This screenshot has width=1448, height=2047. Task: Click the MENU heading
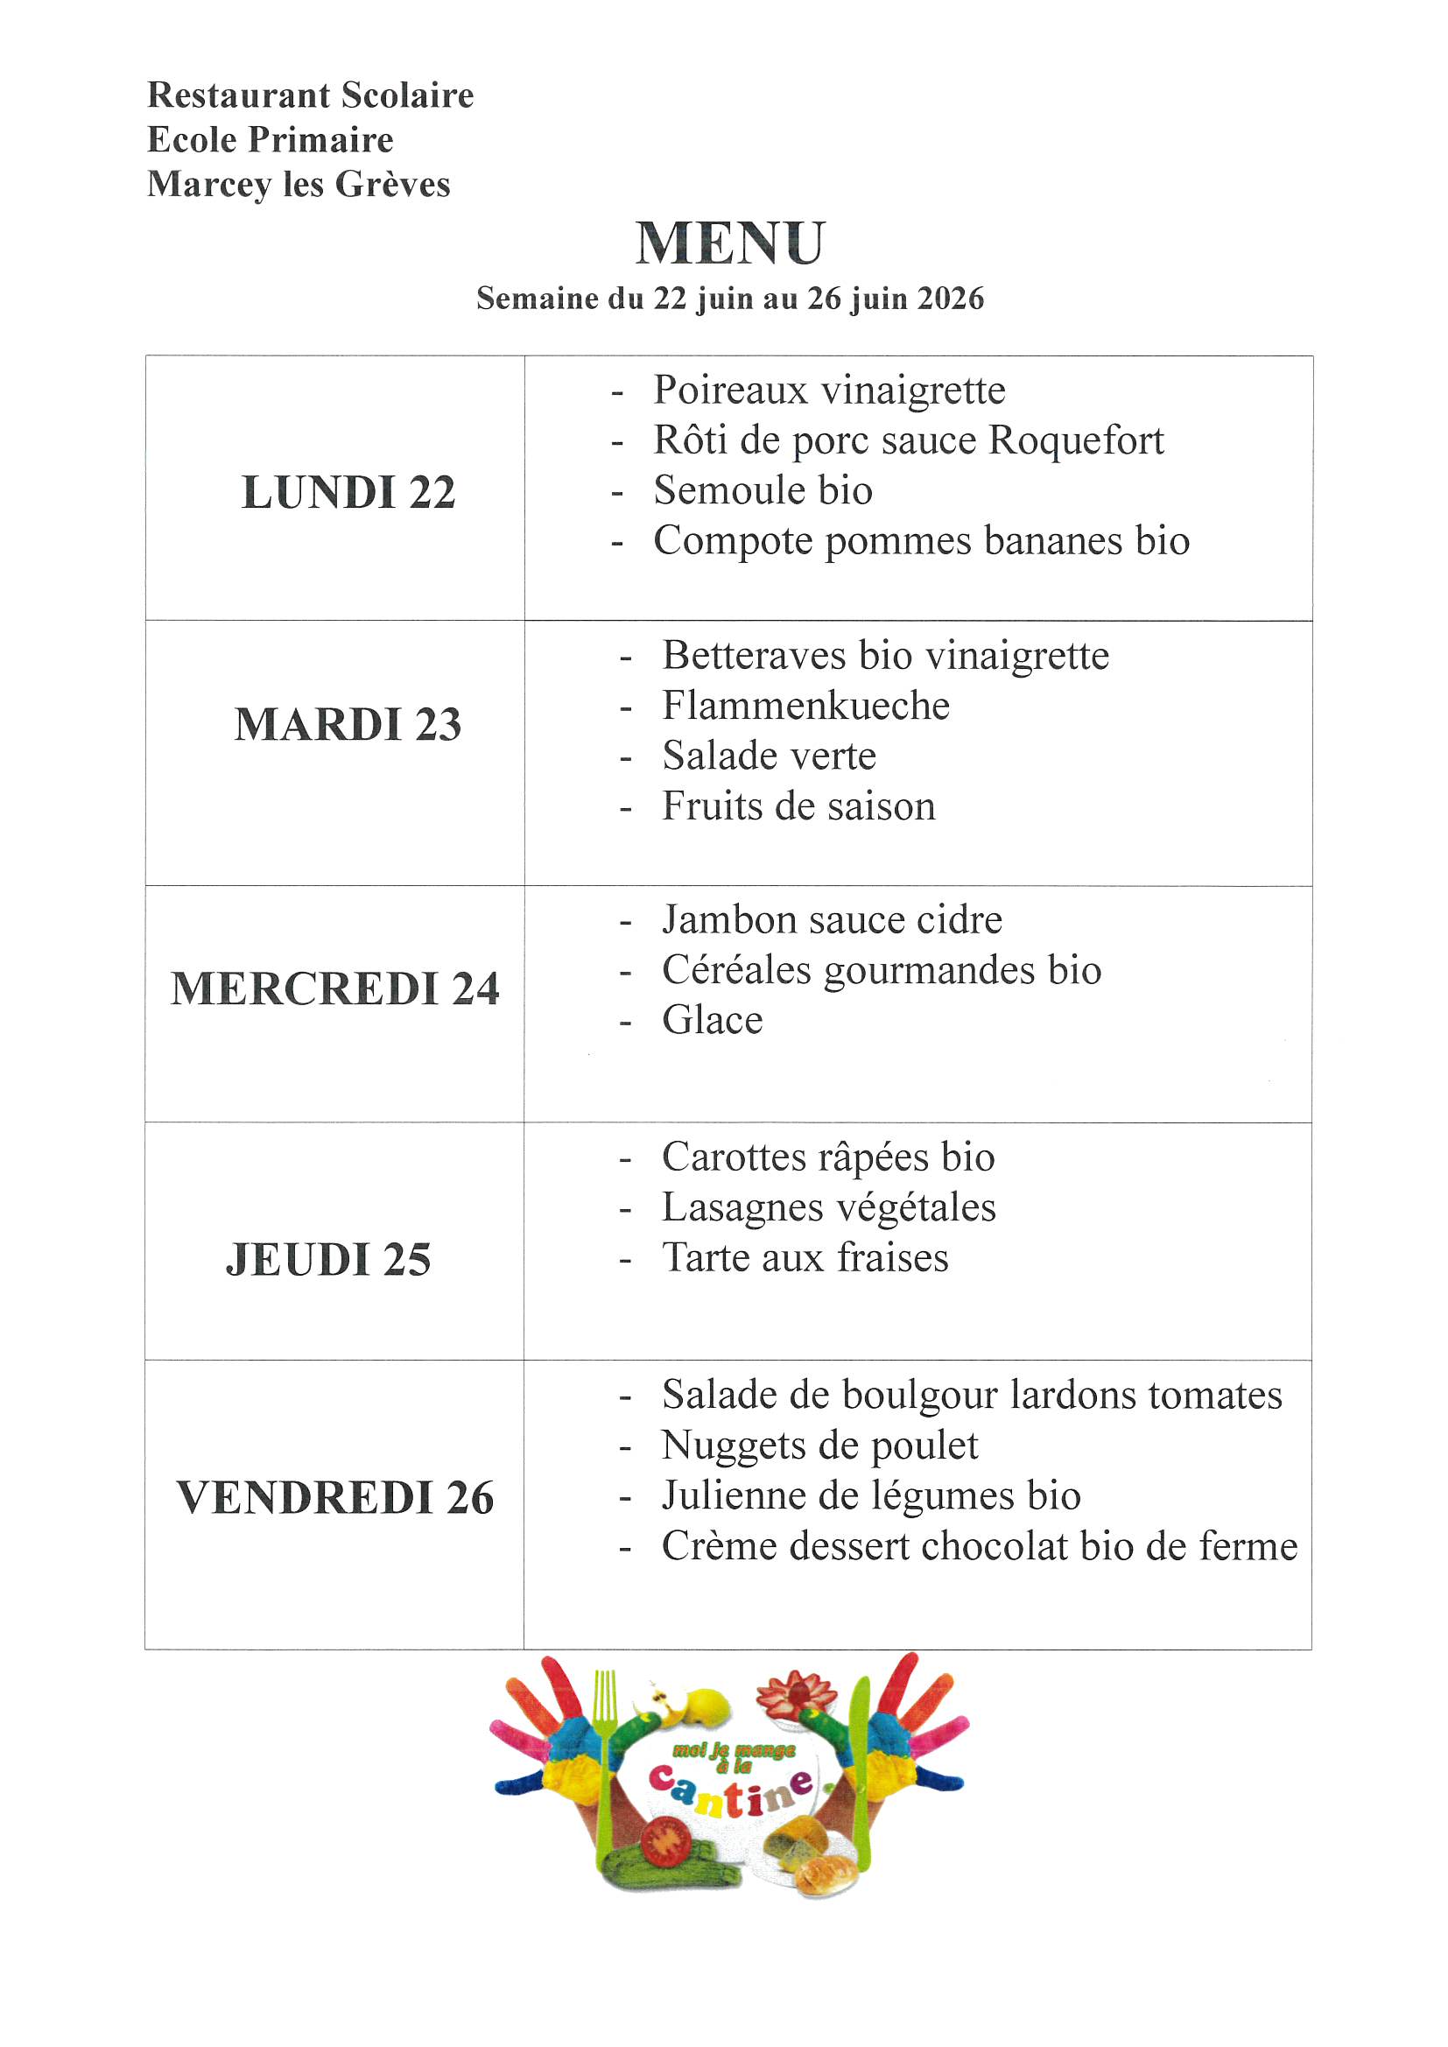coord(730,243)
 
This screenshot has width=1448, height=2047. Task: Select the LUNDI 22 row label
coord(348,492)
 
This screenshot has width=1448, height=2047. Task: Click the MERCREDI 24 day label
coord(335,988)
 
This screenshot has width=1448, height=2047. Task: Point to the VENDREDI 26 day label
coord(335,1498)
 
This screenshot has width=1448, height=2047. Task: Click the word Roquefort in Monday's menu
coord(1076,440)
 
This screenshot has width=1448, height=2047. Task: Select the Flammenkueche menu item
coord(805,706)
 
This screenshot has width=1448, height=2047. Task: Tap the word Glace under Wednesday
coord(713,1021)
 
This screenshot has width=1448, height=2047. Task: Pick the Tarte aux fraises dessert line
coord(805,1258)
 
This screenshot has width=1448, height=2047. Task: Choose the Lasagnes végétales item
coord(828,1208)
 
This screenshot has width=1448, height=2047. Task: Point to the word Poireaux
coord(729,390)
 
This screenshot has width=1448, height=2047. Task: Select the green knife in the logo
coord(859,1774)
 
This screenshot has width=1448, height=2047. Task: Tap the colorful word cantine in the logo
coord(731,1792)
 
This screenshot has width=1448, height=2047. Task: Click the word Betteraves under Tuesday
coord(754,656)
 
